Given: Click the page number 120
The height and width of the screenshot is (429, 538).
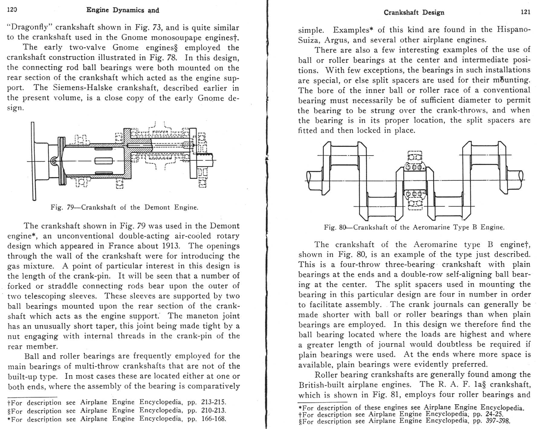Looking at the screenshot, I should pyautogui.click(x=12, y=10).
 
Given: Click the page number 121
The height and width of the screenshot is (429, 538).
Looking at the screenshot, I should pyautogui.click(x=526, y=12).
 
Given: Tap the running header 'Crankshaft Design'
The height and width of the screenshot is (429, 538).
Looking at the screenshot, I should pyautogui.click(x=414, y=12).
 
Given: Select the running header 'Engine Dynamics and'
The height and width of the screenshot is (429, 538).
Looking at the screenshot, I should pyautogui.click(x=122, y=10).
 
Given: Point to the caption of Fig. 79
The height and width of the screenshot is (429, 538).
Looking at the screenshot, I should pyautogui.click(x=124, y=207).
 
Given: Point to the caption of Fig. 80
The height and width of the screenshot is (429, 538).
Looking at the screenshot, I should pyautogui.click(x=414, y=227).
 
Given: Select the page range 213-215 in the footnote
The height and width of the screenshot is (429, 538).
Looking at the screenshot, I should pyautogui.click(x=213, y=402).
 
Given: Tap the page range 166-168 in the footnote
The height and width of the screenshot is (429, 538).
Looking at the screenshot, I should pyautogui.click(x=213, y=419).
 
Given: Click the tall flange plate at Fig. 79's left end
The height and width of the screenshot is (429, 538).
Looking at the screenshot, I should pyautogui.click(x=33, y=161).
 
